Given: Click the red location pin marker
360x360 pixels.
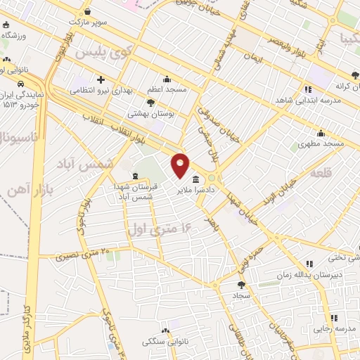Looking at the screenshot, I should coord(181,165).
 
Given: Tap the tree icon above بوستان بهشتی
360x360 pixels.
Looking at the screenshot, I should coord(150,103).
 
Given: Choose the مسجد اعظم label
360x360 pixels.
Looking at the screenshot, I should coord(167,89).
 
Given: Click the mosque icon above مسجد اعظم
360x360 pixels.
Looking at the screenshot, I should coord(167,79).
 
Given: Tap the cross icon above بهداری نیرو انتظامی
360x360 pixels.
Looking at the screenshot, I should coord(101,79).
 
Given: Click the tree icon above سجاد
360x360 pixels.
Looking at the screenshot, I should coord(242,285).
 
